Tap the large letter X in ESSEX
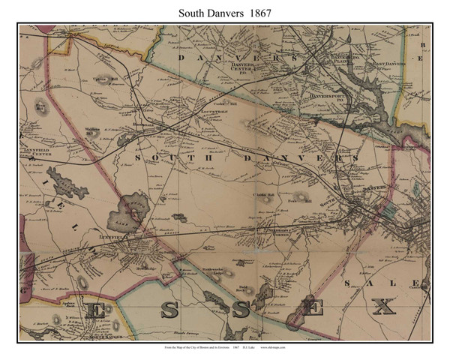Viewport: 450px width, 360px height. (x=384, y=307)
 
